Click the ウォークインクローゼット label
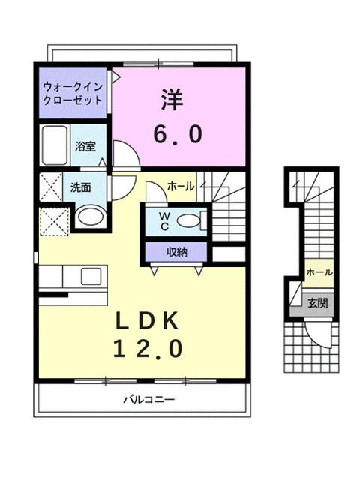tap(73, 93)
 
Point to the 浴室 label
tap(85, 148)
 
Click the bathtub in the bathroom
tap(55, 146)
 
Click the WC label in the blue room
tap(163, 222)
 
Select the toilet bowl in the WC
tap(192, 221)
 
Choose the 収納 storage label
tap(177, 251)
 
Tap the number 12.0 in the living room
tap(148, 349)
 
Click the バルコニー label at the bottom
tap(143, 400)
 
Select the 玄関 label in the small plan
tap(317, 303)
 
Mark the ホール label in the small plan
tap(319, 272)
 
